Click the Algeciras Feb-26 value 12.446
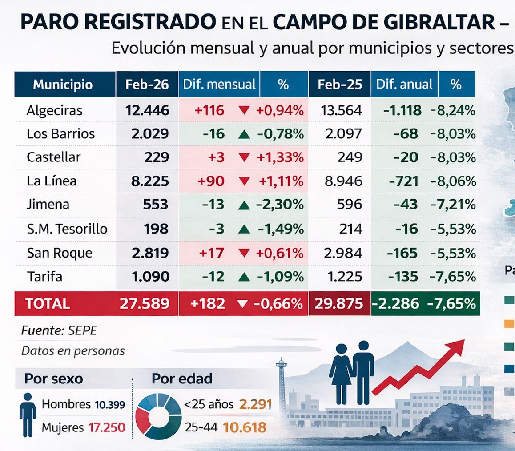[x=147, y=110]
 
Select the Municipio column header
[x=63, y=85]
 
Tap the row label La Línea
[x=52, y=181]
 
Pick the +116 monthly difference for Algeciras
[x=209, y=110]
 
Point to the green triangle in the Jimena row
[x=243, y=205]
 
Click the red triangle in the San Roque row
[x=243, y=253]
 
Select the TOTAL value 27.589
[x=145, y=304]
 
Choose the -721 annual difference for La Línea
[x=404, y=181]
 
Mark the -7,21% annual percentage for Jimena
[x=453, y=205]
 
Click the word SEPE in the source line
[x=82, y=331]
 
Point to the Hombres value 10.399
[x=109, y=405]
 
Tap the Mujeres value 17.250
[x=106, y=428]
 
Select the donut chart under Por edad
[x=158, y=414]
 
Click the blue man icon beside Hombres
[x=28, y=414]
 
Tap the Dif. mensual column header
[x=219, y=85]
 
